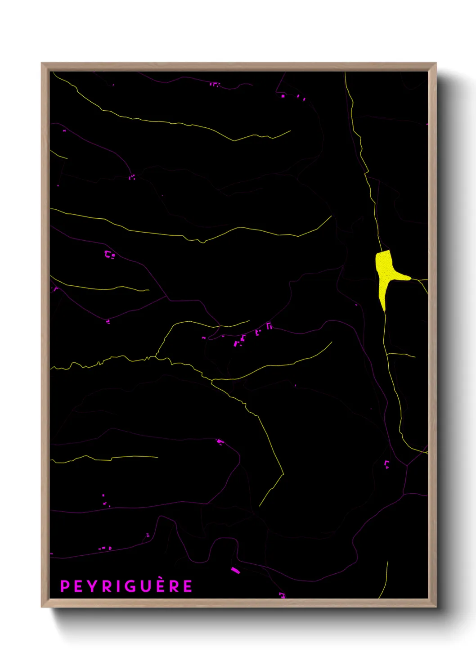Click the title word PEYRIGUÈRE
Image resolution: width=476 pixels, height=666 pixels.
click(x=126, y=586)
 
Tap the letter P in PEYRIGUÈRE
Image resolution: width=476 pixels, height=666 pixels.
click(x=65, y=586)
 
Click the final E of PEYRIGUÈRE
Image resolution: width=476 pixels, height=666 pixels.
click(x=188, y=586)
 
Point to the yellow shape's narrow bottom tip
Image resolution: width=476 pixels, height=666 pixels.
click(x=384, y=309)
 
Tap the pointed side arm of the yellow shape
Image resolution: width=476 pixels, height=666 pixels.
click(x=407, y=278)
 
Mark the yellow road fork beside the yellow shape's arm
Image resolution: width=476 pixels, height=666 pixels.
click(x=419, y=280)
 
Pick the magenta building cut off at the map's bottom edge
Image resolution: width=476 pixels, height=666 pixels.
click(x=282, y=595)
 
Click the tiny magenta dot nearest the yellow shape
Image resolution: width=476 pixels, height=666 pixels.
click(x=356, y=305)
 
